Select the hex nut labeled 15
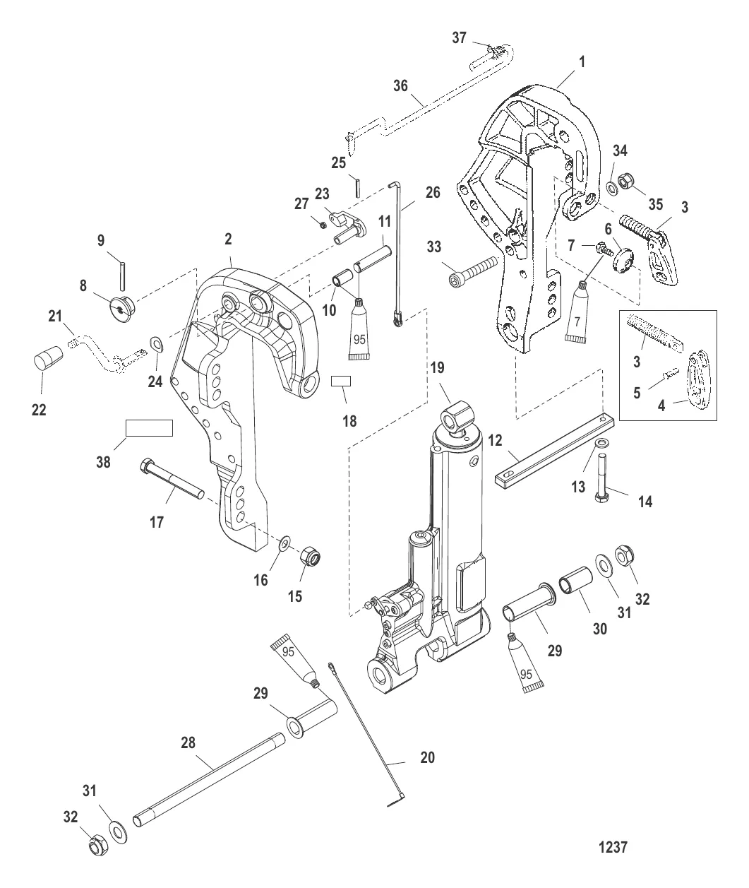pyautogui.click(x=309, y=557)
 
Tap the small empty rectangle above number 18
pyautogui.click(x=341, y=381)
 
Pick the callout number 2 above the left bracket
pyautogui.click(x=228, y=240)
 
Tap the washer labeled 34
pyautogui.click(x=609, y=188)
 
